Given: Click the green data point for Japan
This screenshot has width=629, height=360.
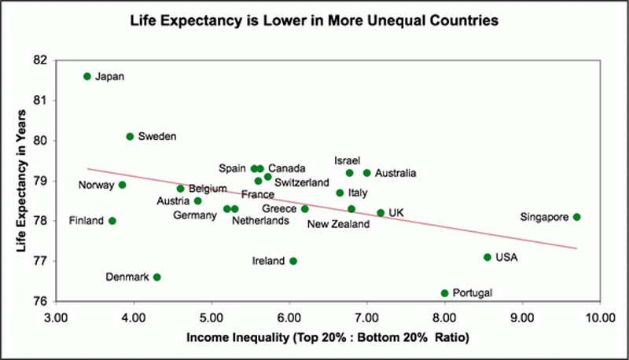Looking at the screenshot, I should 87,76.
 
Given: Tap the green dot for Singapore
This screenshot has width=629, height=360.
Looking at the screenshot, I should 576,217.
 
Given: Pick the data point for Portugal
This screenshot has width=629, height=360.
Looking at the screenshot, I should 445,293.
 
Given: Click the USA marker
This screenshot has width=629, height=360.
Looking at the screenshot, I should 487,257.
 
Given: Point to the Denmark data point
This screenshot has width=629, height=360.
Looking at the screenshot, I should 157,277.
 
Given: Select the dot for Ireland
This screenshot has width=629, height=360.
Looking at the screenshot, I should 293,261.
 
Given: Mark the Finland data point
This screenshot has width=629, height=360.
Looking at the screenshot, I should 112,221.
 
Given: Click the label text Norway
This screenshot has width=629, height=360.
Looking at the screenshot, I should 97,186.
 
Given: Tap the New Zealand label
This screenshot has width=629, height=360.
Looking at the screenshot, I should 338,225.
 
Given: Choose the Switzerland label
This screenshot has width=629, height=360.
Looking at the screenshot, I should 302,182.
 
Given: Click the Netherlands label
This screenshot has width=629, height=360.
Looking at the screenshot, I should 260,221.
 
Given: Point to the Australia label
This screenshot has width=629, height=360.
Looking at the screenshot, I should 395,173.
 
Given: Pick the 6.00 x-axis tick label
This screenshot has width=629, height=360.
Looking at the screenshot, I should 289,319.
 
